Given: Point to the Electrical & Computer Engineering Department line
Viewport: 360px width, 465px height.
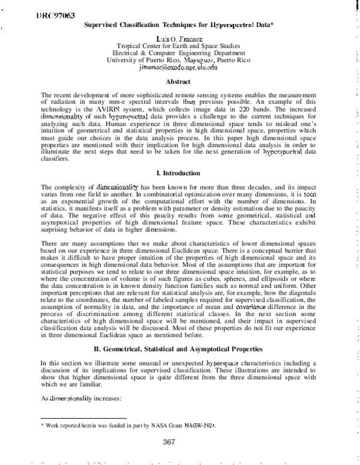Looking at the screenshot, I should [x=178, y=53].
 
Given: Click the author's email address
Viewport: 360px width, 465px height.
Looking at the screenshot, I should [x=178, y=68].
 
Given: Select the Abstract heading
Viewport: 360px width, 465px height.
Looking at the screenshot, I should [x=178, y=82].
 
